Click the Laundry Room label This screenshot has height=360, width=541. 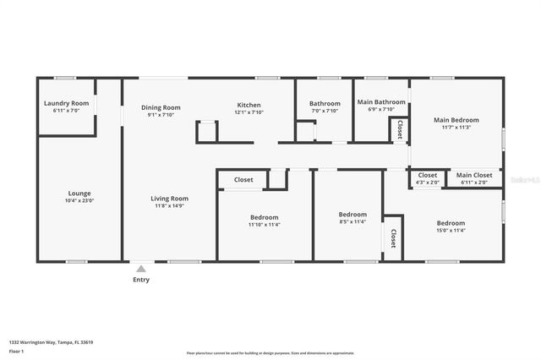click(x=66, y=103)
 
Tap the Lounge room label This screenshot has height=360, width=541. click(x=79, y=193)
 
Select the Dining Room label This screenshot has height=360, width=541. click(x=161, y=107)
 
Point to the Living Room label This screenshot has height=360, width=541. click(x=169, y=198)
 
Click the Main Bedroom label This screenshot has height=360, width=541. click(x=456, y=120)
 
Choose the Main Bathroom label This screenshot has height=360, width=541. click(x=381, y=102)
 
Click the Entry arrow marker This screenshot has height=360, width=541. click(x=140, y=268)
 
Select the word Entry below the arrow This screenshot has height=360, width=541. click(x=140, y=280)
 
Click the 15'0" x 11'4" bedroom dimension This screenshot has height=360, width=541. click(x=451, y=230)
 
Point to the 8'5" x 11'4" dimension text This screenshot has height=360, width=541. click(x=352, y=222)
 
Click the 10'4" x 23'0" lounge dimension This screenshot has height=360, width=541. click(x=79, y=200)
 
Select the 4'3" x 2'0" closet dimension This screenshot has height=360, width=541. click(x=428, y=183)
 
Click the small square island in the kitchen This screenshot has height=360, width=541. click(x=207, y=131)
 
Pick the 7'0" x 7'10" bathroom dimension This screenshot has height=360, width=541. click(x=324, y=111)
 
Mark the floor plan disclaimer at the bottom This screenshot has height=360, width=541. click(x=270, y=353)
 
